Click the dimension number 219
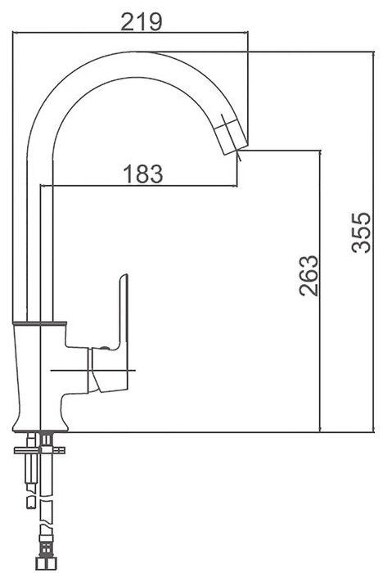141,22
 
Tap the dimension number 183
143,174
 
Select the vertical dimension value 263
309,276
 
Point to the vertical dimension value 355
361,232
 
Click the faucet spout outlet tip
235,150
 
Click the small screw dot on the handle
105,348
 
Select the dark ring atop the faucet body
39,323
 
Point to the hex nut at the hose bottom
46,564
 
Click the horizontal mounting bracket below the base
39,450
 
